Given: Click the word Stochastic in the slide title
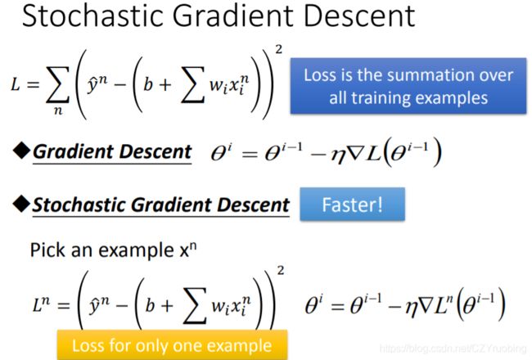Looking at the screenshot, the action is point(92,16).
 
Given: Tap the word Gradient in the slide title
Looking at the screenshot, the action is point(232,16).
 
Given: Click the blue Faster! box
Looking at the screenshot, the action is point(352,205).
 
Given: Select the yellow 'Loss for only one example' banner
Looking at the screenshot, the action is point(172,345).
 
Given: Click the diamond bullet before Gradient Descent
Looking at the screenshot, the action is point(21,151).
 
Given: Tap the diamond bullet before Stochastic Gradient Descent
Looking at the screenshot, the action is point(21,204).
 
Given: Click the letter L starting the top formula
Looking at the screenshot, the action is point(16,84).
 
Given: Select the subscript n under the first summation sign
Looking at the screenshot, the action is point(58,110).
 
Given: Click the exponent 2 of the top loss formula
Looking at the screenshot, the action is point(278,50).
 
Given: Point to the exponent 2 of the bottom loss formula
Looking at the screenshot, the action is point(281,271).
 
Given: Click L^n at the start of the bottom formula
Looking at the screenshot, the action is point(41,304).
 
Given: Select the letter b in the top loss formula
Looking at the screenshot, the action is point(147,84).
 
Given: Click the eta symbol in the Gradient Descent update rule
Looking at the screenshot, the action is point(338,155).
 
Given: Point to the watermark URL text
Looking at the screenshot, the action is point(453,348).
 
